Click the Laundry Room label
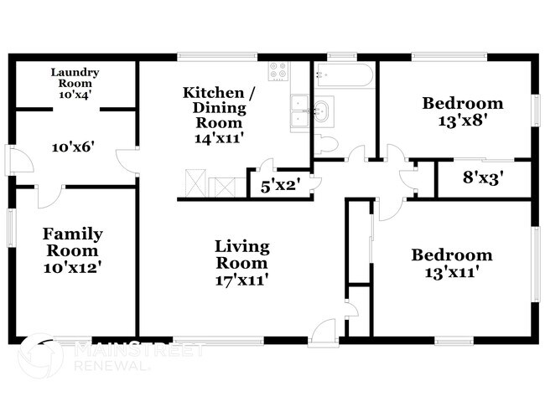75,84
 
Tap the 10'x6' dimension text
73,147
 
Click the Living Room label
241,262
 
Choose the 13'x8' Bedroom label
462,111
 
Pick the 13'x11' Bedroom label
451,263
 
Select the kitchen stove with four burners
278,71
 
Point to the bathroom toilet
327,144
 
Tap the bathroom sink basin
322,110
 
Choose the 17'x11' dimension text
241,279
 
